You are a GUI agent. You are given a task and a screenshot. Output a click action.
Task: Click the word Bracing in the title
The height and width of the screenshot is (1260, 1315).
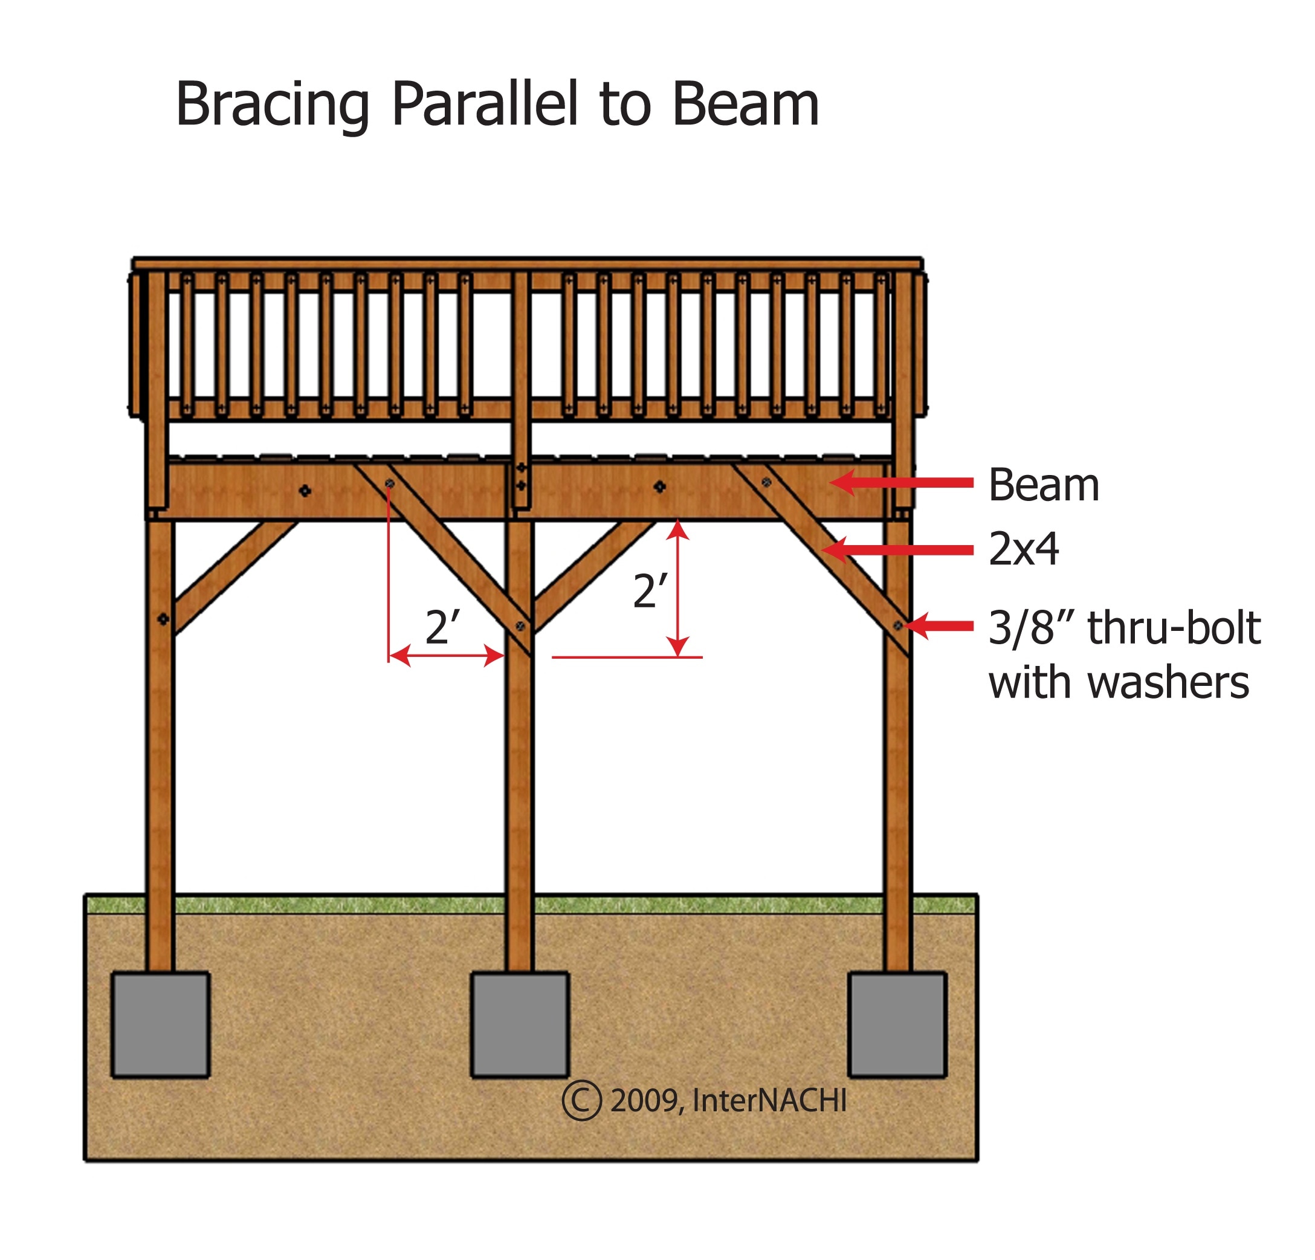tap(272, 105)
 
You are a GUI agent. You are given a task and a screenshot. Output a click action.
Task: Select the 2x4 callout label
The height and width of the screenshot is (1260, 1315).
tap(1023, 549)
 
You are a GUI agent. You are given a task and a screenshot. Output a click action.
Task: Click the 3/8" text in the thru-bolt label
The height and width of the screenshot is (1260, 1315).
tap(1027, 628)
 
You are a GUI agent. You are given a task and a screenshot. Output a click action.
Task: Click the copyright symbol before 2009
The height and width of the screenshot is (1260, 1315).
tap(581, 1100)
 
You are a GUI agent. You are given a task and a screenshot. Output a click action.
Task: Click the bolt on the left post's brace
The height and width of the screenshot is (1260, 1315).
tap(163, 619)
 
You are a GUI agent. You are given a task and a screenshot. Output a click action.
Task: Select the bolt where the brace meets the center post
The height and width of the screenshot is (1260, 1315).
tap(520, 625)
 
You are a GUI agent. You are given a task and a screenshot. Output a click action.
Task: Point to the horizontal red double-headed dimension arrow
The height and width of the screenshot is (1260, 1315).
tap(446, 656)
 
